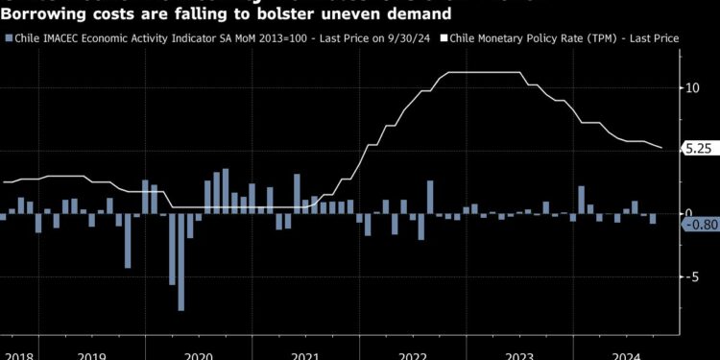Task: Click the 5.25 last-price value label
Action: tap(696, 149)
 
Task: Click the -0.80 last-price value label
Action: tap(699, 225)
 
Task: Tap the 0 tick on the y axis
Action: tap(687, 212)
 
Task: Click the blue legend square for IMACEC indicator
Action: tap(10, 37)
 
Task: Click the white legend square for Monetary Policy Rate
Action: tap(444, 37)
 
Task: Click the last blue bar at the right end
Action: tap(654, 218)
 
